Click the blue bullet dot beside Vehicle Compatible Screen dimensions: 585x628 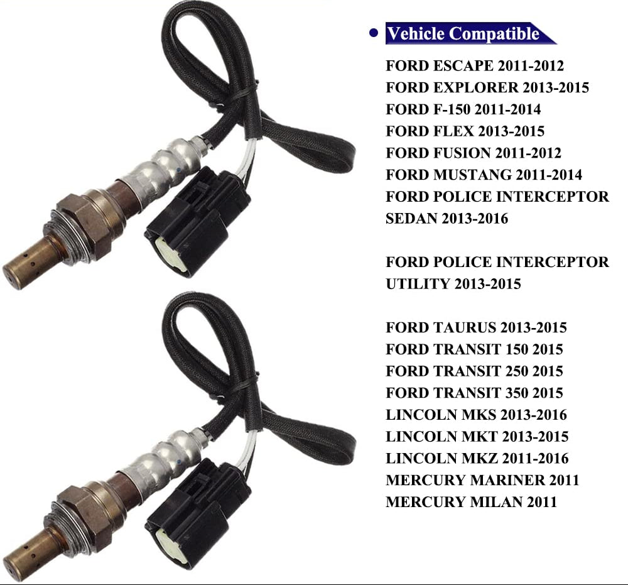[374, 33]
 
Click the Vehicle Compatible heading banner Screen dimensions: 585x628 [465, 33]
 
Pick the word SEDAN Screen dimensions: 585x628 [411, 219]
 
